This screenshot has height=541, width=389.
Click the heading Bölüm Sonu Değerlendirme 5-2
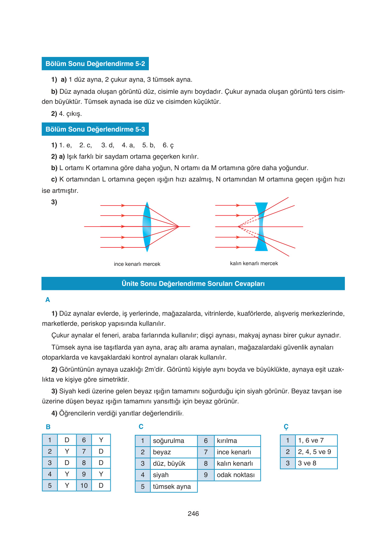(x=95, y=64)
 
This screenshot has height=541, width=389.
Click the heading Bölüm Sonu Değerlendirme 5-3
(x=95, y=129)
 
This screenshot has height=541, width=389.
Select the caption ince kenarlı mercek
(x=137, y=264)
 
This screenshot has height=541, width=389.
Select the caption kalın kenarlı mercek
(x=254, y=263)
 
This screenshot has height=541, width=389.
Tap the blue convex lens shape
(x=147, y=227)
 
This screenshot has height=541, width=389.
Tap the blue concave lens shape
(x=261, y=227)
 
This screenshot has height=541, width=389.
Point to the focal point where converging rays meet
(x=179, y=227)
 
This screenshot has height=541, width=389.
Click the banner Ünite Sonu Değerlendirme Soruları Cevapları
(x=193, y=284)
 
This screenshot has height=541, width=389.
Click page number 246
(x=193, y=514)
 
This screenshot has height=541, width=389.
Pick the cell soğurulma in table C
(x=169, y=441)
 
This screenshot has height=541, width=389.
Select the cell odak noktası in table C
(x=235, y=475)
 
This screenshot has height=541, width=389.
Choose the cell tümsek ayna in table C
(x=172, y=487)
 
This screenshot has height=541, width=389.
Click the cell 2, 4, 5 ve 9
(x=314, y=452)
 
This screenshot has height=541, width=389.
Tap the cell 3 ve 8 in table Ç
(x=307, y=463)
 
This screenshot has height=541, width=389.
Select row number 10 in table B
(x=84, y=485)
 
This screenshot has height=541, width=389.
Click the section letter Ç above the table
(x=286, y=427)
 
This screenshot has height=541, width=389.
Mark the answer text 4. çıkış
(x=70, y=114)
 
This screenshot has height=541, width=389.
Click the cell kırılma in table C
(x=227, y=441)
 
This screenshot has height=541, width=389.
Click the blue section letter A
(x=47, y=300)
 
